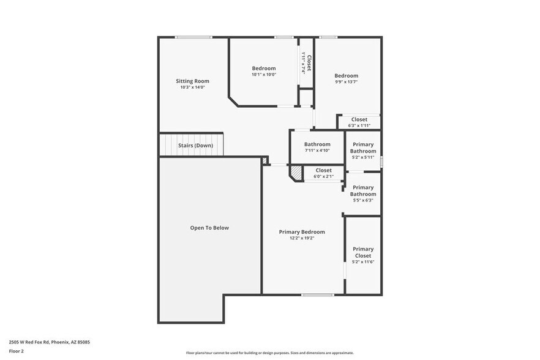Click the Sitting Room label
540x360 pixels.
coord(192,81)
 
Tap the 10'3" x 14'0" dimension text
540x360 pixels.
coord(192,88)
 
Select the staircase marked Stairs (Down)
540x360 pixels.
coord(191,145)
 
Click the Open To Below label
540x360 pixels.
coord(209,228)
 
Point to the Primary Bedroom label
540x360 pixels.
coord(302,232)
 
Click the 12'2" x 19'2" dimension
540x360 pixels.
coord(302,238)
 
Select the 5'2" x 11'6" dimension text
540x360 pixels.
coord(363,261)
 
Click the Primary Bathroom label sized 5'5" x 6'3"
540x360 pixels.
coord(363,190)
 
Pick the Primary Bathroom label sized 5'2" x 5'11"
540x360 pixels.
coord(363,148)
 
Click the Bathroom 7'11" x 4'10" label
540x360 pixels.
coord(317,144)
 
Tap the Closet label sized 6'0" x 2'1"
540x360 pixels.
coord(323,170)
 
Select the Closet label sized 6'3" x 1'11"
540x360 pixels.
coord(359,119)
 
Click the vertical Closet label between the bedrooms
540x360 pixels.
coord(309,63)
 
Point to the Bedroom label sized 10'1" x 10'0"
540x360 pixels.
coord(264,69)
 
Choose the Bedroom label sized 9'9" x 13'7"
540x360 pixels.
coord(346,76)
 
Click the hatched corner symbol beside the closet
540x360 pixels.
coord(296,173)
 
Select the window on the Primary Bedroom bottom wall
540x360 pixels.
coord(317,294)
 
